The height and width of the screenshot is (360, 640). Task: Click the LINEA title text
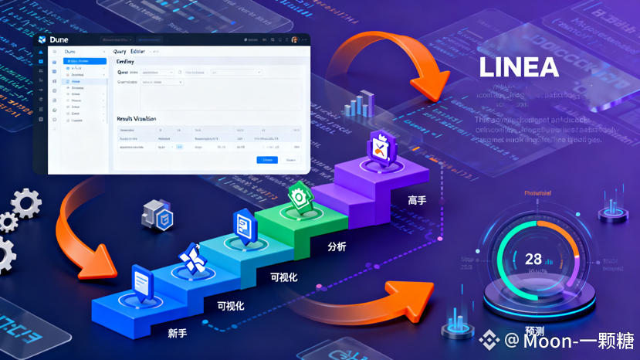pyautogui.click(x=518, y=68)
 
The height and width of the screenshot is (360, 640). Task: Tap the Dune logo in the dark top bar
pyautogui.click(x=42, y=39)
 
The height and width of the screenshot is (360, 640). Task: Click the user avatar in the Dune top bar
pyautogui.click(x=294, y=39)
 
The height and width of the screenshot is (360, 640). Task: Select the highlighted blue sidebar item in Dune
pyautogui.click(x=84, y=61)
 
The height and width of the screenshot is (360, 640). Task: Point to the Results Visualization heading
pyautogui.click(x=136, y=119)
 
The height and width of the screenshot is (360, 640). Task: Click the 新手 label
pyautogui.click(x=177, y=333)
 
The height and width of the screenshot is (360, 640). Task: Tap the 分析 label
pyautogui.click(x=337, y=246)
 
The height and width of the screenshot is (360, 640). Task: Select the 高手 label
pyautogui.click(x=417, y=201)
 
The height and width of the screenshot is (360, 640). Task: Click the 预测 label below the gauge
pyautogui.click(x=534, y=331)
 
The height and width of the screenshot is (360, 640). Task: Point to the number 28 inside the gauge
pyautogui.click(x=533, y=260)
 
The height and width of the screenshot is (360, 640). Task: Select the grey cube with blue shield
pyautogui.click(x=159, y=215)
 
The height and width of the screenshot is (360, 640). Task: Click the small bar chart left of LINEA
pyautogui.click(x=360, y=104)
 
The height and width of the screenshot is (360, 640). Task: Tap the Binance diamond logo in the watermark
pyautogui.click(x=489, y=340)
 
